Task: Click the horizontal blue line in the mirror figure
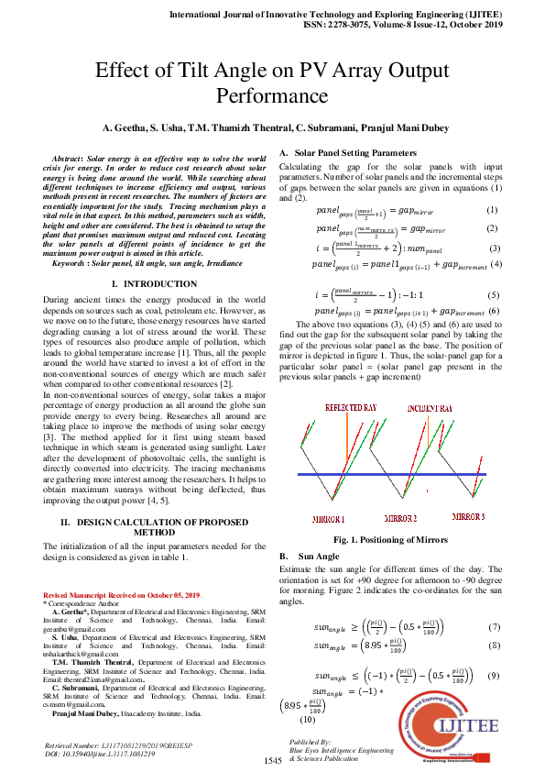[394, 474]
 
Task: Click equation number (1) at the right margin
[492, 211]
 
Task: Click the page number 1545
[273, 761]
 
